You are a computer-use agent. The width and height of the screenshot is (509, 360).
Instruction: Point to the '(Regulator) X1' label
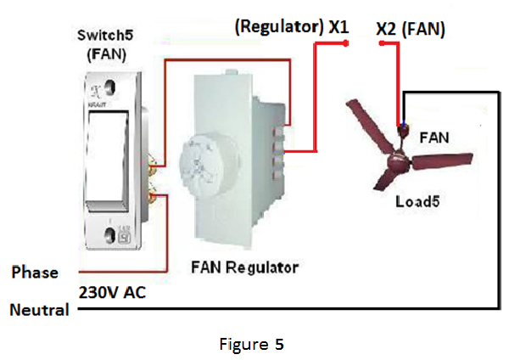point(292,26)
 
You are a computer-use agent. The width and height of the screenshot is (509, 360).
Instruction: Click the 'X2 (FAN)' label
point(411,28)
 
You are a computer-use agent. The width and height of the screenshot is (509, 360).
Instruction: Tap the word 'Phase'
point(35,273)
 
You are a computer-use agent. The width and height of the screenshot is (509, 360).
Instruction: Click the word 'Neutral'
point(39,310)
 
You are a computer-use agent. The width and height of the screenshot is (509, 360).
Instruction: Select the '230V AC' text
point(111,293)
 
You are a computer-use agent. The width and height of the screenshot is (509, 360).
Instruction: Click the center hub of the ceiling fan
point(396,158)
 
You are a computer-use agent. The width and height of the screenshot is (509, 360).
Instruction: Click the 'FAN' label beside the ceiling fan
point(436,136)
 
